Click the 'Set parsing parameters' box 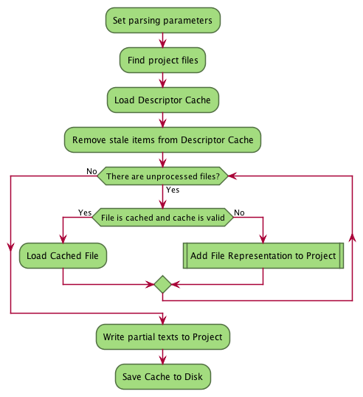coord(163,20)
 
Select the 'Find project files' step coord(162,61)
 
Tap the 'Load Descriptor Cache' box coord(163,100)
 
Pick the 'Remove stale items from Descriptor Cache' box coord(162,139)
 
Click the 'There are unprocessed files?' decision coord(163,176)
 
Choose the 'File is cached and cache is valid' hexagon coord(163,217)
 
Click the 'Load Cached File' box coord(63,256)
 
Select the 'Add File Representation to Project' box coord(263,256)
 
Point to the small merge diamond coord(163,284)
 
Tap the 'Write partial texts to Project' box coord(163,337)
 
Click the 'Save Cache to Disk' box coord(163,377)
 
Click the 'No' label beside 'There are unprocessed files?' coord(91,171)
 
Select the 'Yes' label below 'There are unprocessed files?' coord(173,190)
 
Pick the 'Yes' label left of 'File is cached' coord(85,213)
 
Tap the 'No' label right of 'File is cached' coord(239,213)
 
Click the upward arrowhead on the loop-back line coord(353,238)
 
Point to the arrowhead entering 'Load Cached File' coord(63,239)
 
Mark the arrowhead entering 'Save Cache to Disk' coord(163,360)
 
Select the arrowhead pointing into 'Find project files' coord(163,44)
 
